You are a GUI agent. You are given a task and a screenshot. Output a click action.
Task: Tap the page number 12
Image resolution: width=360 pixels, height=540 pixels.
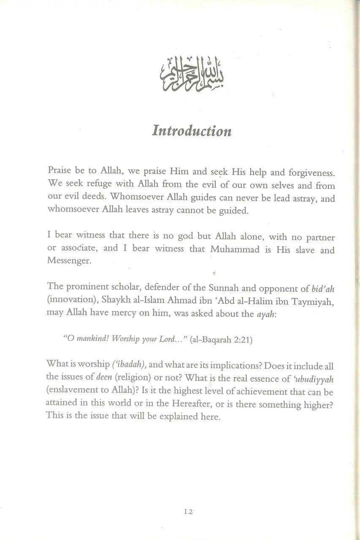coord(188,511)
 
